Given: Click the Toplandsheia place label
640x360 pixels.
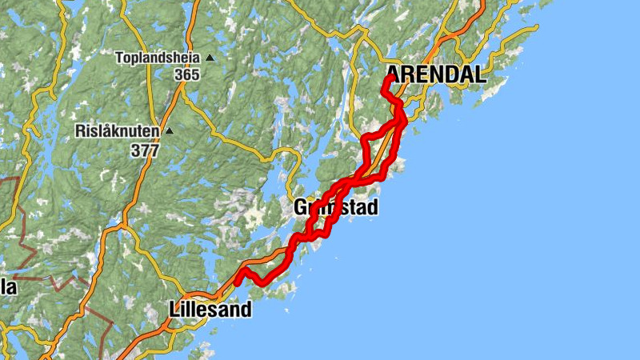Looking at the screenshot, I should pos(158,58).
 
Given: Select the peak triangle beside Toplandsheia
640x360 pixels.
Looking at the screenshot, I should pos(210,58).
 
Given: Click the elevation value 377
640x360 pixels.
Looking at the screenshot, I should pos(146,150).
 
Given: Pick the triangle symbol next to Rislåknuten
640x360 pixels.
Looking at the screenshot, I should pos(168,130).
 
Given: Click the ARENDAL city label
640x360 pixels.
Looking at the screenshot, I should pos(437,75).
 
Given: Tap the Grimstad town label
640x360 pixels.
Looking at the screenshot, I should pos(335,207).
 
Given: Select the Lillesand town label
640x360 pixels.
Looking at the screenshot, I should pos(210,310).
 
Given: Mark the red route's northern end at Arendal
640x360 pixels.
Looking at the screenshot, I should pos(388,78).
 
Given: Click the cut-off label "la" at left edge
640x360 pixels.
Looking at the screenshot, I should pos(8,287).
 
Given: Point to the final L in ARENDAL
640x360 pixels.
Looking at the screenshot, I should pos(479,75).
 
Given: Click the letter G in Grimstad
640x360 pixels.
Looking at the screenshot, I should pos(301,207).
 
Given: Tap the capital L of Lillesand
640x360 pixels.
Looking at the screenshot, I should pos(175,310).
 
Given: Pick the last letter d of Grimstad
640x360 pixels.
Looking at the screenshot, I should pos(371,207).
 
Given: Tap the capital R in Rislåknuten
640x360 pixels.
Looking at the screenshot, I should pos(80,130).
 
